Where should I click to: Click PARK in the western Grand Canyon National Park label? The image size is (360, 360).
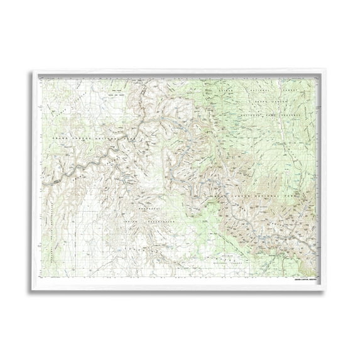pos(131,138)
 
